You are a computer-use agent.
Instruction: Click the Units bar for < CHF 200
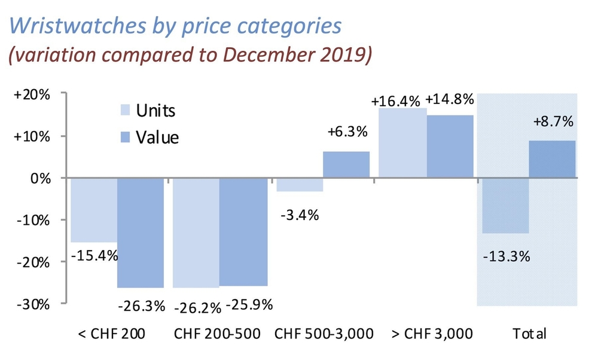pyautogui.click(x=93, y=209)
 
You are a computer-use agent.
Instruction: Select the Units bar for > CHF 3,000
pyautogui.click(x=402, y=143)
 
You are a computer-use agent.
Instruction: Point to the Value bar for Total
pyautogui.click(x=553, y=159)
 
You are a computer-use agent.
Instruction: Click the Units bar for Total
pyautogui.click(x=505, y=206)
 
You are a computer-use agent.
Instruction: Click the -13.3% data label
pyautogui.click(x=506, y=257)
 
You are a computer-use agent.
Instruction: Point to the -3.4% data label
pyautogui.click(x=299, y=213)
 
